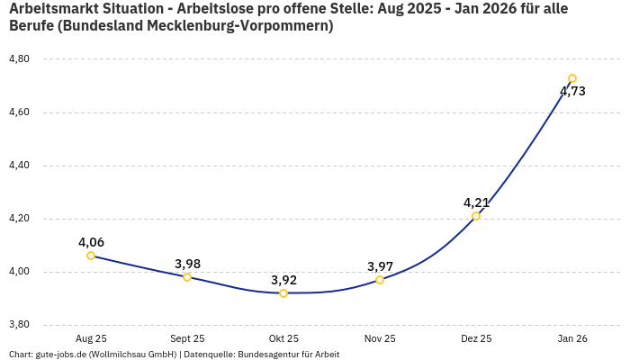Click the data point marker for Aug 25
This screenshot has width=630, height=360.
(91, 256)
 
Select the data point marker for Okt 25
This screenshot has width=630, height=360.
(283, 293)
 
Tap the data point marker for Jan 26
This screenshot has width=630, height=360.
(572, 78)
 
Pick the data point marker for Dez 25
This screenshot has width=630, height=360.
(476, 216)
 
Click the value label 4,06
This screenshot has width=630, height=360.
(91, 242)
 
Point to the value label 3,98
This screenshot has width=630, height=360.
(187, 264)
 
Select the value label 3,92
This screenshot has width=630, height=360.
(283, 280)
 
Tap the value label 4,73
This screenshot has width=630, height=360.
(572, 91)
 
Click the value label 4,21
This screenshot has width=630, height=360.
(476, 202)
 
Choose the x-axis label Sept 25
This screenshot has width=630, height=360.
(187, 338)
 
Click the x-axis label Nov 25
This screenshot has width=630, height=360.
(380, 338)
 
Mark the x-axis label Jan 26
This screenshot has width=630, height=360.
(572, 338)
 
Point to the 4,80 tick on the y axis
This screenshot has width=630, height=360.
(19, 59)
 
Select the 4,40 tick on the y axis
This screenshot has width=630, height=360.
(19, 166)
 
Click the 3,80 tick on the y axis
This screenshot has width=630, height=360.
(19, 325)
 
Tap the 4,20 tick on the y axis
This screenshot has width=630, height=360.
(19, 219)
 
